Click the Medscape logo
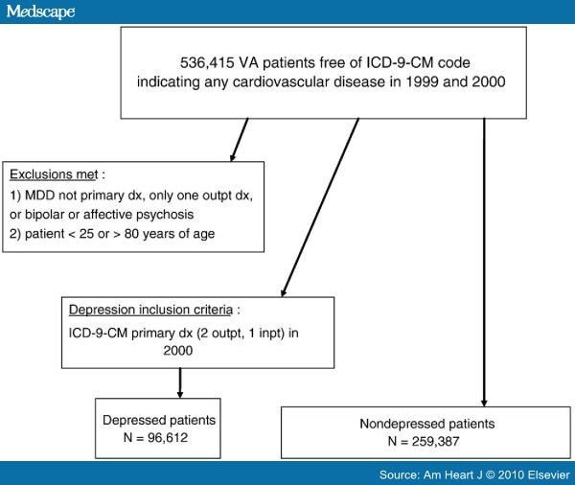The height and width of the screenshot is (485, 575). click(x=40, y=12)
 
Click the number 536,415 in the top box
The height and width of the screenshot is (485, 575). click(x=207, y=62)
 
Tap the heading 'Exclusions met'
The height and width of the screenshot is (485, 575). click(x=54, y=174)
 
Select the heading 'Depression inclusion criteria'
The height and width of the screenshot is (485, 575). click(x=150, y=310)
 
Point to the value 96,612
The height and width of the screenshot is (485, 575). click(x=168, y=437)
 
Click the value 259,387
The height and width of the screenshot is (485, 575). click(x=435, y=441)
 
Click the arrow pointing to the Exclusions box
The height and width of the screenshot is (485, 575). click(x=240, y=140)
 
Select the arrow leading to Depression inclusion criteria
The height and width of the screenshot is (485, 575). click(x=320, y=207)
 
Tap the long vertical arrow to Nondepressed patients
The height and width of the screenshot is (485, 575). click(x=484, y=263)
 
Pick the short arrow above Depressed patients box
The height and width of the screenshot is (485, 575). click(x=180, y=383)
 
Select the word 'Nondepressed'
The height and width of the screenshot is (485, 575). click(x=402, y=424)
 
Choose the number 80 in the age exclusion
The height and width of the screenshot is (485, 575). click(x=131, y=234)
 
